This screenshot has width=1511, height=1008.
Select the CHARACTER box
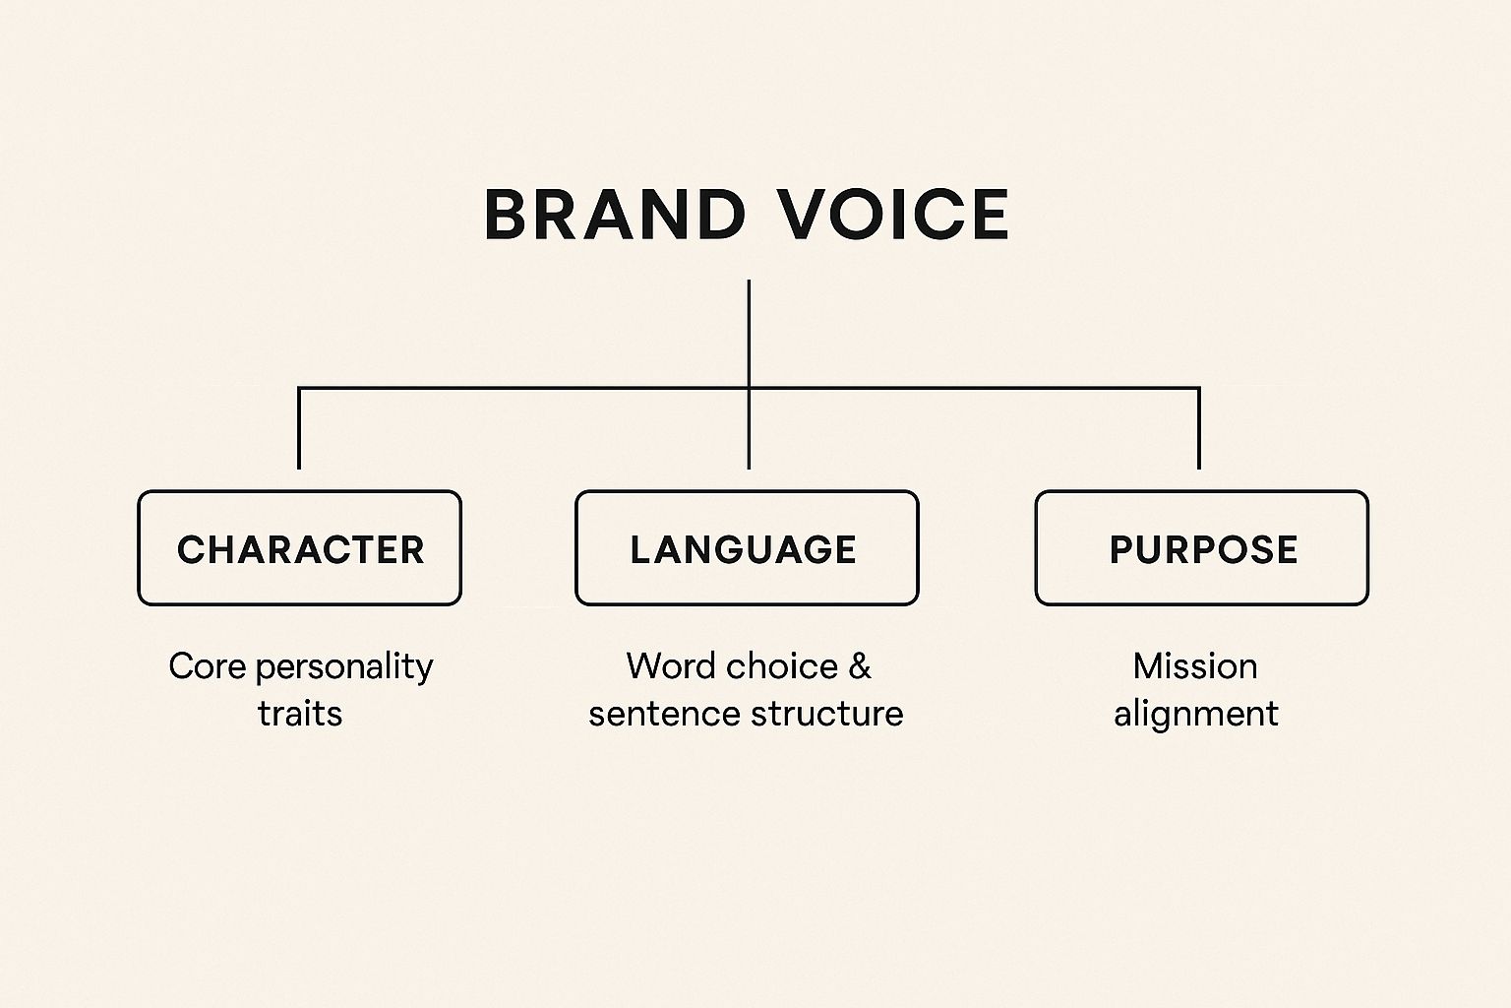(299, 547)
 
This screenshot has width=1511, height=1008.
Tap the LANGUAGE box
(747, 547)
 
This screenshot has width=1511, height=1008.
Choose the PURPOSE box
(1201, 547)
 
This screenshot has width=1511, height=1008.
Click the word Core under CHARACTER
(207, 666)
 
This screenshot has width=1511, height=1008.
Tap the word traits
(300, 714)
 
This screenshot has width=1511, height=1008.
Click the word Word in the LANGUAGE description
(669, 666)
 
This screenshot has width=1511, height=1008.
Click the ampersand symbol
(860, 667)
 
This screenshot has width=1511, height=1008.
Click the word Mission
(1195, 666)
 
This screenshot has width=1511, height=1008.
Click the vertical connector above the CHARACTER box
(299, 428)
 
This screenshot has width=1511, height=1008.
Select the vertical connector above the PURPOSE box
(1198, 428)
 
